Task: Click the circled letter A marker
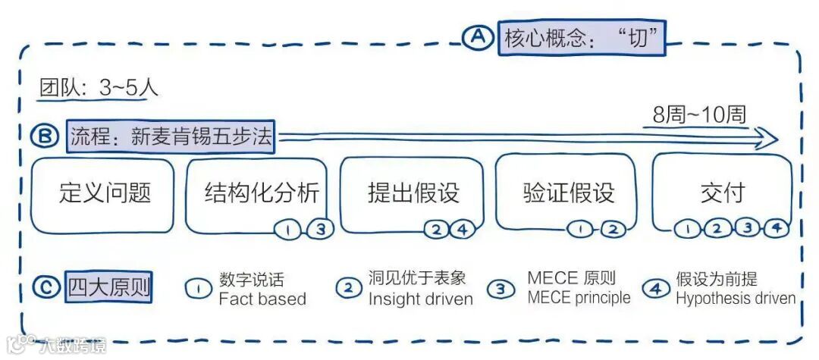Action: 478,36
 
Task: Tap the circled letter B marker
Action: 45,136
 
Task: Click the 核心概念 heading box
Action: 581,37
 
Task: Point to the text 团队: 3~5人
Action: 99,88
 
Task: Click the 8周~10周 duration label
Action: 699,115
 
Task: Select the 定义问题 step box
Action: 105,194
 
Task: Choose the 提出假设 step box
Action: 413,194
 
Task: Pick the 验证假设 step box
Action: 568,194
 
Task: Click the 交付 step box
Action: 722,194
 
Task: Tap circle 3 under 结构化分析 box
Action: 320,229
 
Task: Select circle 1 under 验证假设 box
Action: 580,228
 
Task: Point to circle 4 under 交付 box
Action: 775,227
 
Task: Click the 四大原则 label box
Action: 108,288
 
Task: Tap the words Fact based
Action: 262,299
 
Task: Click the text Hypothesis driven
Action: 736,298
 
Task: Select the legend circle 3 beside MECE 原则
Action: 500,288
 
